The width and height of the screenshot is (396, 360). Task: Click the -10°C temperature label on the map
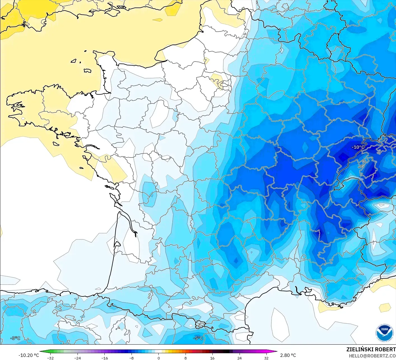(358, 147)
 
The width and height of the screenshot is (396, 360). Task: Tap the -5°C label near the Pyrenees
(198, 338)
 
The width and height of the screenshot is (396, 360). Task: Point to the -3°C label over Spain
(15, 338)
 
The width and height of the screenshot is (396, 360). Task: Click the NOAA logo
(384, 333)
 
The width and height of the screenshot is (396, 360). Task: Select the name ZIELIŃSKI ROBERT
(371, 349)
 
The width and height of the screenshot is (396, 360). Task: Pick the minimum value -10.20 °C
(29, 355)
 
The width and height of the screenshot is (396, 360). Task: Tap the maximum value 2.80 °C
(288, 355)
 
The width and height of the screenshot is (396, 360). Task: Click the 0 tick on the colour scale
(158, 358)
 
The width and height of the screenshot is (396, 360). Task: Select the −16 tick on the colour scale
(104, 358)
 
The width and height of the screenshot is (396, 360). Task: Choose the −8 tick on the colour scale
(131, 358)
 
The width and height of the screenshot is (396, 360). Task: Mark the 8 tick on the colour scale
(185, 358)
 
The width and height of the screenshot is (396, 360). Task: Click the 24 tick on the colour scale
(239, 358)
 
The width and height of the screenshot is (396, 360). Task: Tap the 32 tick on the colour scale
(266, 358)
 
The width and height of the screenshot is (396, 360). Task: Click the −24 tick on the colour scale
(77, 358)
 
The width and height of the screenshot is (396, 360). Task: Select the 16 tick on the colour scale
(212, 358)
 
